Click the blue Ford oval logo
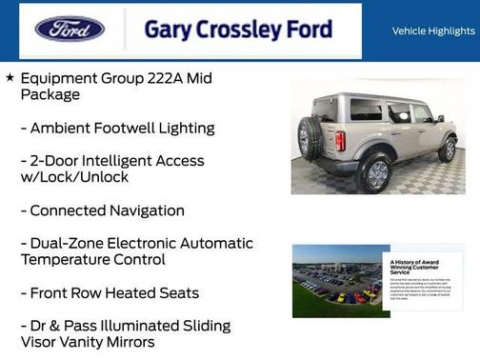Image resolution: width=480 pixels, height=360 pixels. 70,29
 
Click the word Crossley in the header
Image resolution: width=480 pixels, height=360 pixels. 232,30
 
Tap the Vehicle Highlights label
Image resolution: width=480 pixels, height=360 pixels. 433,30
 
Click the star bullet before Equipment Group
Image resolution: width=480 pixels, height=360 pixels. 10,77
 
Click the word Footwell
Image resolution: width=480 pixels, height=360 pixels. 134,128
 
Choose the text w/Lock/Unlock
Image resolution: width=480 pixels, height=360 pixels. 74,177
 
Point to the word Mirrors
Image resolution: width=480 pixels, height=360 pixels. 126,342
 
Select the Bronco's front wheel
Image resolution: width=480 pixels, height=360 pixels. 447,149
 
